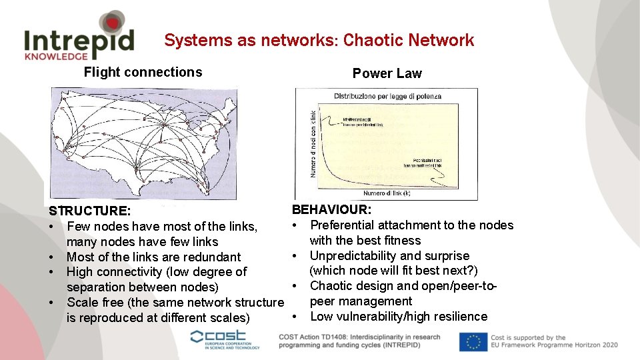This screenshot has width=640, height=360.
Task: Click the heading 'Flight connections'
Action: [143, 72]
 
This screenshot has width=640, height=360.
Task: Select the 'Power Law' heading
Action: [387, 73]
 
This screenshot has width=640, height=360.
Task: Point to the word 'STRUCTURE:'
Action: [89, 211]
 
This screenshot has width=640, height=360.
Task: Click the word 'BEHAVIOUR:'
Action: [332, 210]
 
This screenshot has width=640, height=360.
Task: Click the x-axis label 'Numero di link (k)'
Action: [387, 193]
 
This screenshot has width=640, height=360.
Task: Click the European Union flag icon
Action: [473, 341]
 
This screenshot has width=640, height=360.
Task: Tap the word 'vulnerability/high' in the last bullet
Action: [386, 316]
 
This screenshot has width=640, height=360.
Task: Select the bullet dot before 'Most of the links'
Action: [51, 257]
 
